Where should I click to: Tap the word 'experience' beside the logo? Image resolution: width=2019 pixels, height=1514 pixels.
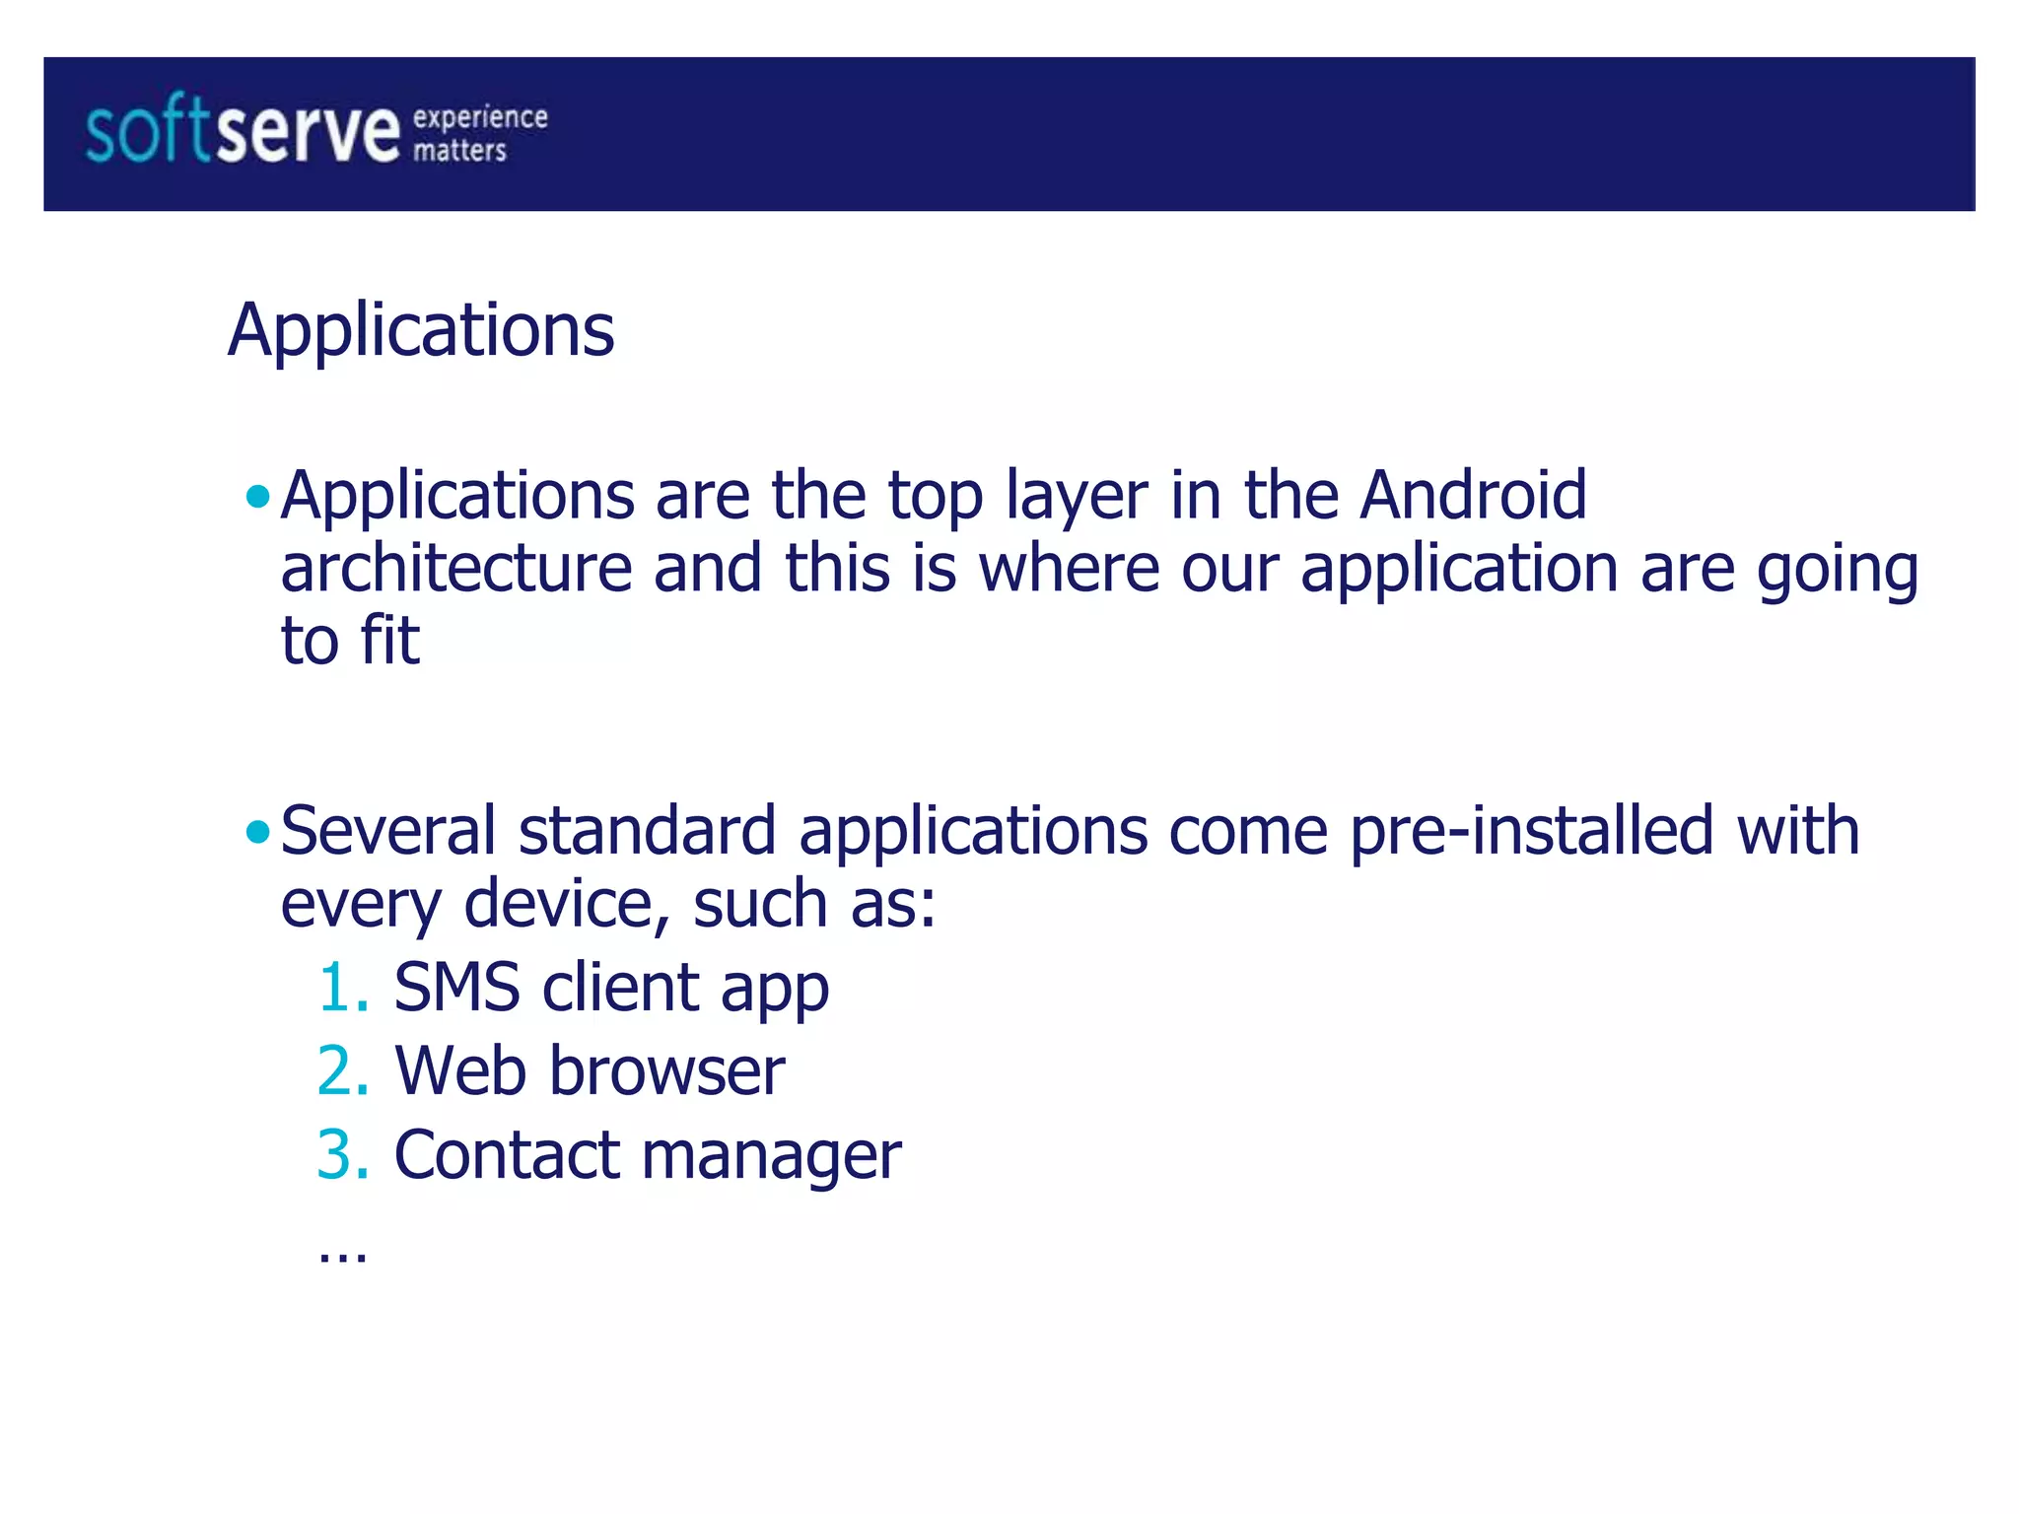[480, 117]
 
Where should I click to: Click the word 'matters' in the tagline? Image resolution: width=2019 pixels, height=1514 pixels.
[459, 150]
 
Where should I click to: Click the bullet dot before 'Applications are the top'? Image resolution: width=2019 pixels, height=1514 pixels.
[258, 495]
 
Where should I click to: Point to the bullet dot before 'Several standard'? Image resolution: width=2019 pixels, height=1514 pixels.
[258, 832]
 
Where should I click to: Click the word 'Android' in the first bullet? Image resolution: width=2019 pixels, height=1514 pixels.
[1473, 495]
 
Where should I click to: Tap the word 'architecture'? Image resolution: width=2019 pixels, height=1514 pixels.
[456, 569]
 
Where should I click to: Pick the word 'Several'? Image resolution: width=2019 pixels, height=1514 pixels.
[388, 831]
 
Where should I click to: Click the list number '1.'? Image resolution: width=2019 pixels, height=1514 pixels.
[343, 988]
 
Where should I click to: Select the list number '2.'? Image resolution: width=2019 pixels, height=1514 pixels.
[343, 1071]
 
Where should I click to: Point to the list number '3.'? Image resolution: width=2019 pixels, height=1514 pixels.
[343, 1155]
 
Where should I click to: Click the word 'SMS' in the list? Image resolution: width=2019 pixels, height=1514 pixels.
[456, 988]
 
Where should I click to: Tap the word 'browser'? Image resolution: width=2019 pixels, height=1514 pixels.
[667, 1071]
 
